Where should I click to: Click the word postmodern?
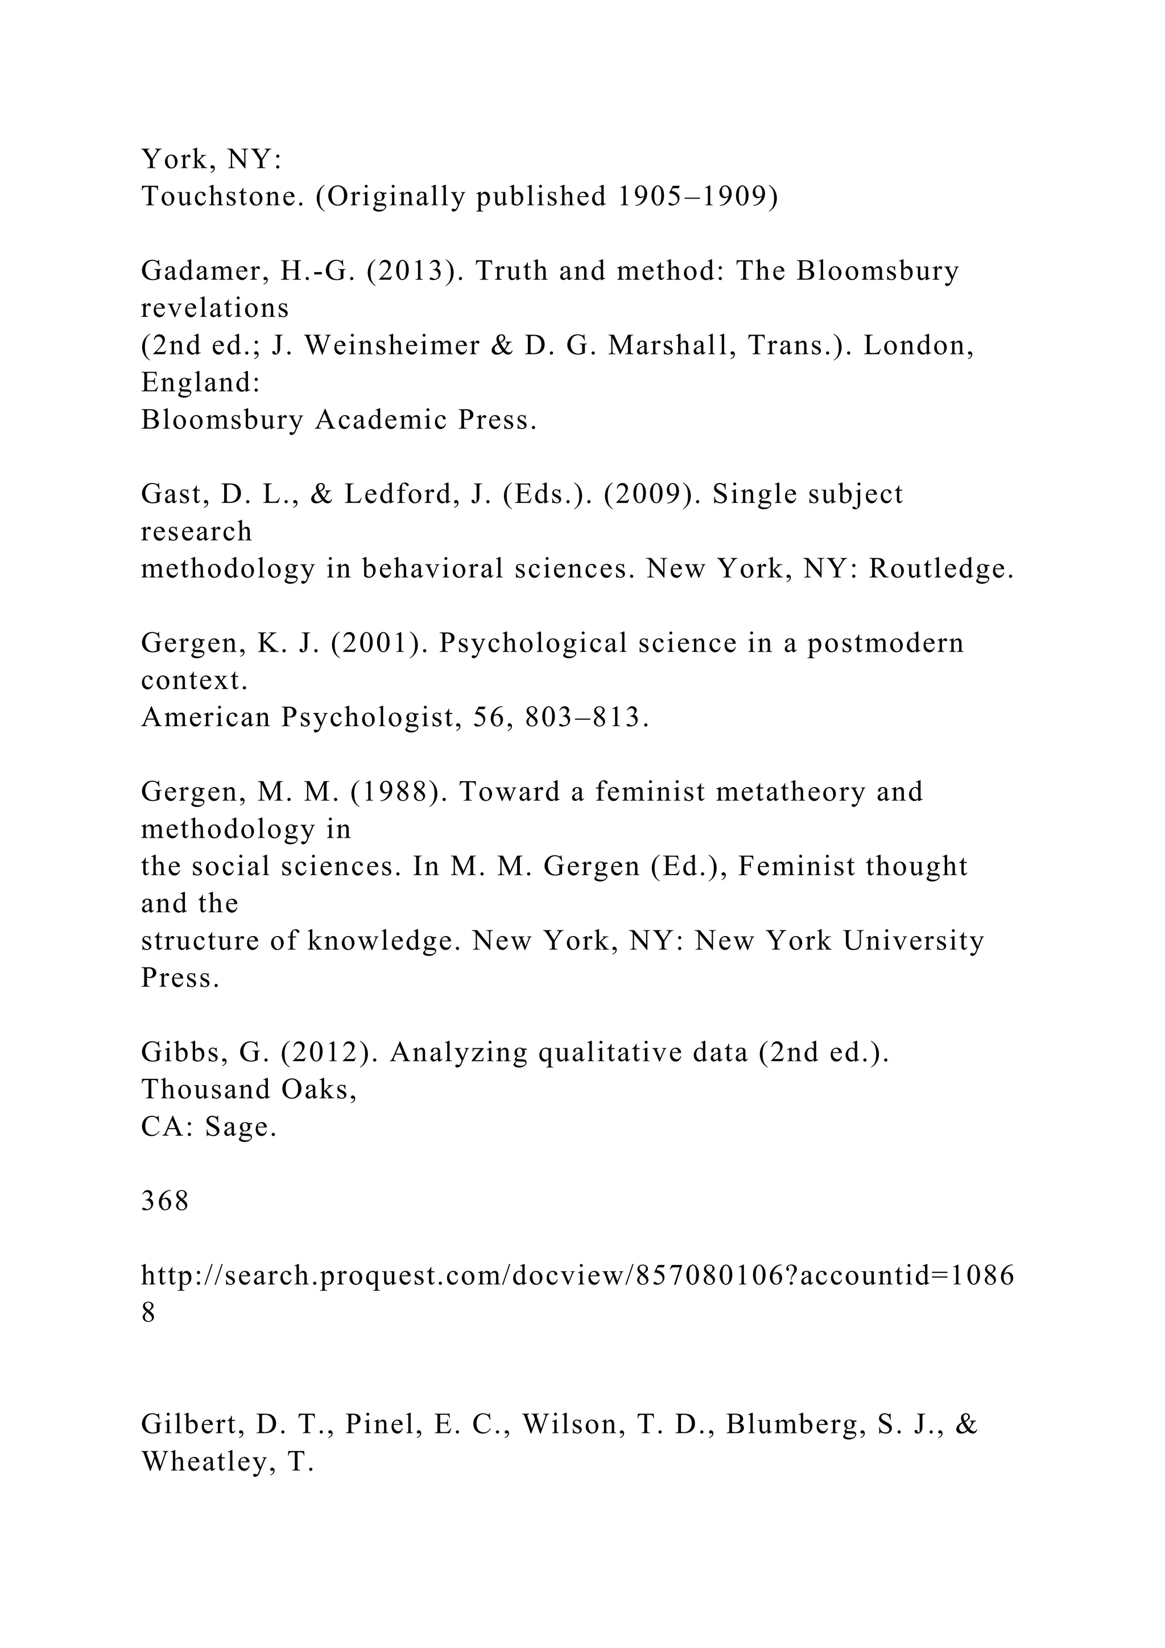(886, 643)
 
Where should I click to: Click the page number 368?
(165, 1201)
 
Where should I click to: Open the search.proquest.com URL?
(577, 1275)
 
